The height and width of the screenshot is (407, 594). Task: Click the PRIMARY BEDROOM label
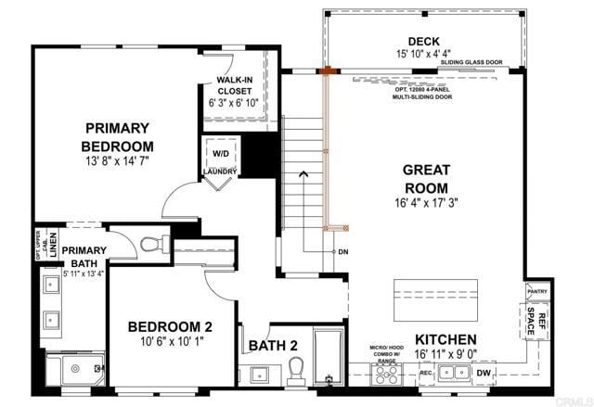116,136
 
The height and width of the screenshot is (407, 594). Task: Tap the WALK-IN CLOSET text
236,86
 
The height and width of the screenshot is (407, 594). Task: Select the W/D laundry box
221,153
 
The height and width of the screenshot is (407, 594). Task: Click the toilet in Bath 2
297,371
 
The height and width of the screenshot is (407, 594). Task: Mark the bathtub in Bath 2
329,357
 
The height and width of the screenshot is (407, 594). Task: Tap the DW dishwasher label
482,374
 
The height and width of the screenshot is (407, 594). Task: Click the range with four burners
386,374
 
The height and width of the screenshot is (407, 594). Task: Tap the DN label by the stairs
343,252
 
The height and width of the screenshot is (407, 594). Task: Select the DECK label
424,41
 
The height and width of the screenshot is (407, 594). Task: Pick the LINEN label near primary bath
54,248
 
